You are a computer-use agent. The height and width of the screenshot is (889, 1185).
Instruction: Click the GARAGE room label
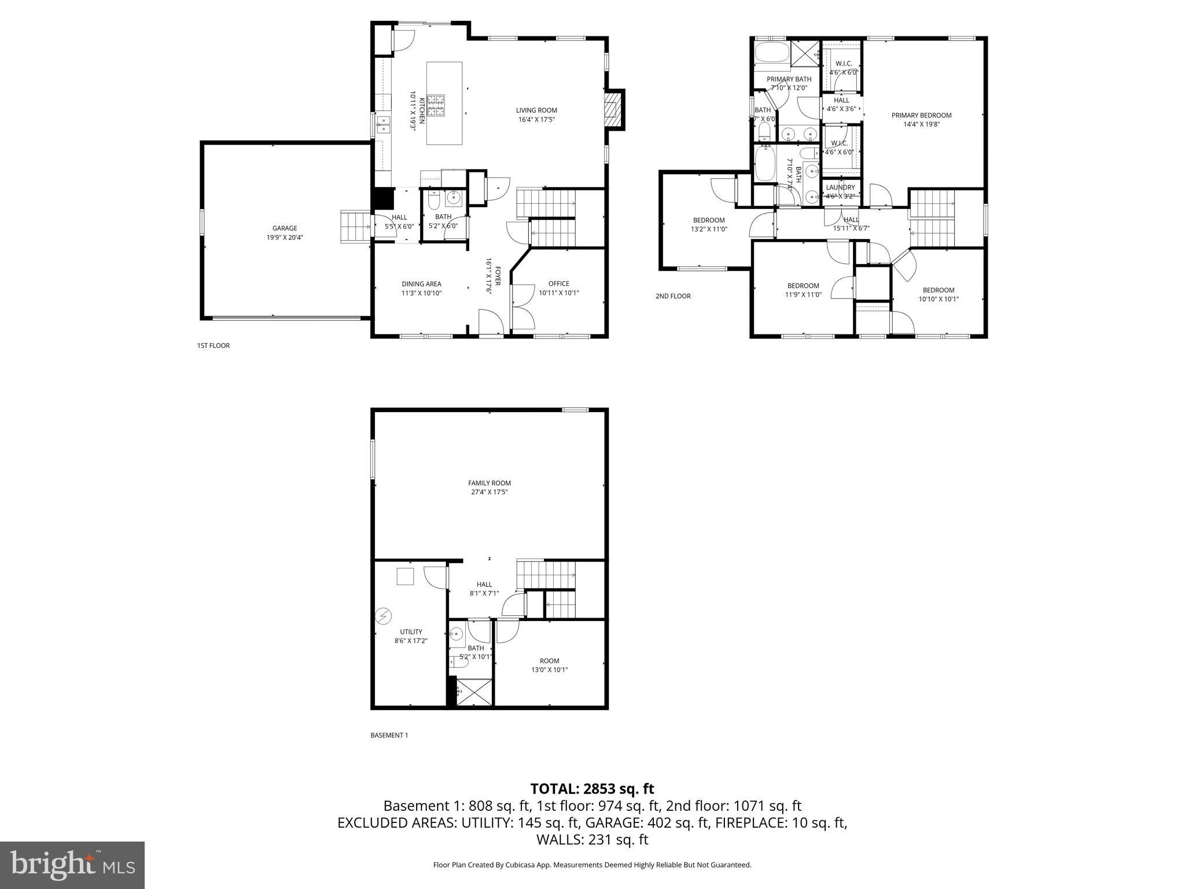tap(285, 228)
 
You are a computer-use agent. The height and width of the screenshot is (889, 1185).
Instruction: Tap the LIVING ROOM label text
tap(536, 111)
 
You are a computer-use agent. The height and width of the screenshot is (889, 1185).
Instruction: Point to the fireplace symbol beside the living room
tap(614, 109)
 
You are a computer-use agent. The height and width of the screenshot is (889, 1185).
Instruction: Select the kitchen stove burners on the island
tap(436, 104)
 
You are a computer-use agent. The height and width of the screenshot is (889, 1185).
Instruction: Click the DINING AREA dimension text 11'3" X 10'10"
tap(422, 293)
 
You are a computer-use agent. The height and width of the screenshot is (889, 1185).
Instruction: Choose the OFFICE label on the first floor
tap(558, 284)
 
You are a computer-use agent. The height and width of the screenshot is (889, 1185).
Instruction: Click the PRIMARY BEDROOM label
tap(921, 115)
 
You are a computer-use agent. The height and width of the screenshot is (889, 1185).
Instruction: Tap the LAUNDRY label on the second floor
tap(840, 188)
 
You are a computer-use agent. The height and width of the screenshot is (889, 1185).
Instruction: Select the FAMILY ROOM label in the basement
tap(490, 483)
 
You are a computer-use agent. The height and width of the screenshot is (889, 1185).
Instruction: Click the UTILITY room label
tap(411, 631)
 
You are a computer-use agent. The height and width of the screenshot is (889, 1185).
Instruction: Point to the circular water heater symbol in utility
tap(383, 616)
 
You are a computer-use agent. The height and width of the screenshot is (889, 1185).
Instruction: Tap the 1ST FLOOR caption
tap(213, 346)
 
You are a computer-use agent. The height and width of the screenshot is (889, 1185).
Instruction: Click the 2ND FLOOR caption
tap(673, 296)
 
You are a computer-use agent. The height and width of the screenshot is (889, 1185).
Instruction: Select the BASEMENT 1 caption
tap(389, 735)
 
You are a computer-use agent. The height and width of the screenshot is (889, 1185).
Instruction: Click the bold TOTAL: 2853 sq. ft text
tap(592, 788)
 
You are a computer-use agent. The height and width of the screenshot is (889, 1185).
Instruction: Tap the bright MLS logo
tap(72, 865)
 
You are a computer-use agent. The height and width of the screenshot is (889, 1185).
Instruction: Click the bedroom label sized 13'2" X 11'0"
tap(709, 220)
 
